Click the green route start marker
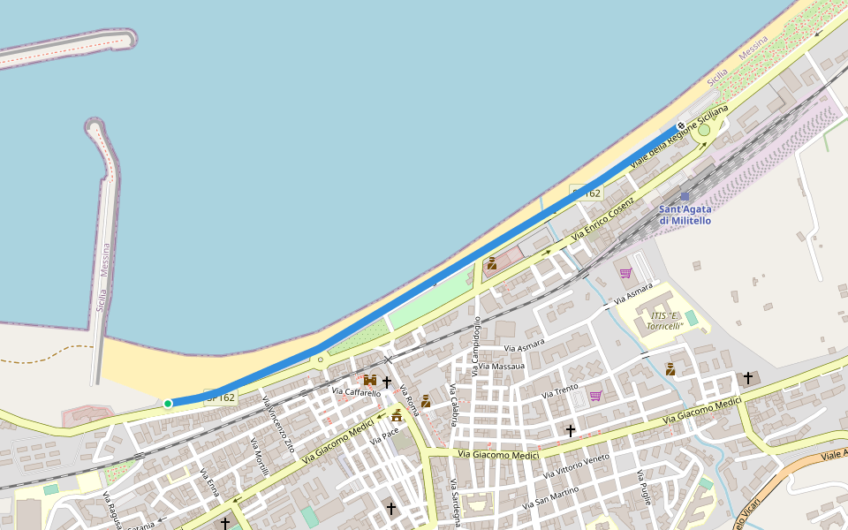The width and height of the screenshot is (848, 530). coord(168,404)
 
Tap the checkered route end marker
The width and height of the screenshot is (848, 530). coord(681,125)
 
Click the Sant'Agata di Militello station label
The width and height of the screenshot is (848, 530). coord(685,215)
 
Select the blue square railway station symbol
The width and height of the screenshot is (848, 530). coord(685,197)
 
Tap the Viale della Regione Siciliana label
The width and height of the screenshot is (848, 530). coord(679,138)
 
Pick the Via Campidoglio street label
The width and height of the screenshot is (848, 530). coord(476,346)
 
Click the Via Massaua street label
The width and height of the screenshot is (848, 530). coord(503,366)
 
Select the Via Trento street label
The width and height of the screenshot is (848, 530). coord(559,389)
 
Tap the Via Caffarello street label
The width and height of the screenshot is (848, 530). coord(356,391)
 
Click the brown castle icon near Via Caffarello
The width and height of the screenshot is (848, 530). coord(370,381)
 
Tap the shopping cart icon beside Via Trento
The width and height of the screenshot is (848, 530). coord(595,397)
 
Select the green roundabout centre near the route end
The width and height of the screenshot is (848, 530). coord(704,131)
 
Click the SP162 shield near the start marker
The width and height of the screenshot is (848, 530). coord(220,397)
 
